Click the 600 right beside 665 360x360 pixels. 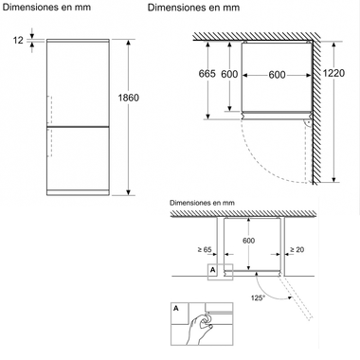[230, 75]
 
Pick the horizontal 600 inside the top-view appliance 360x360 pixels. [277, 75]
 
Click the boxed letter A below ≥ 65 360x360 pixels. [212, 270]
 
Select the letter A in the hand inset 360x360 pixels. [176, 308]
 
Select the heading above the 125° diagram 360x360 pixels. [201, 203]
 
